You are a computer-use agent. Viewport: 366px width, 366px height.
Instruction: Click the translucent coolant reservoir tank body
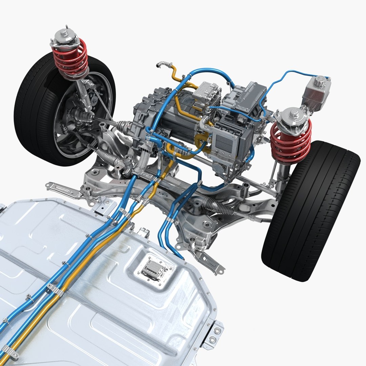(314, 95)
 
